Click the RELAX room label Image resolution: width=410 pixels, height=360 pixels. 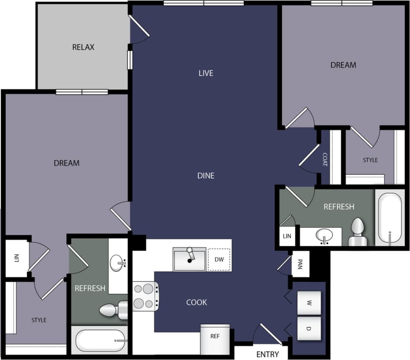(83, 47)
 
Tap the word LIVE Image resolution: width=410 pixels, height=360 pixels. (206, 73)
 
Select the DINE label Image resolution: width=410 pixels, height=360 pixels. (206, 176)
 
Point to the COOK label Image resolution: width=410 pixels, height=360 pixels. (196, 303)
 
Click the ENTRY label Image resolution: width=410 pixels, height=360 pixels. (267, 354)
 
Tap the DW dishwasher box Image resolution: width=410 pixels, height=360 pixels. (219, 260)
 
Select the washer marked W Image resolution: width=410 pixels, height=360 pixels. (309, 303)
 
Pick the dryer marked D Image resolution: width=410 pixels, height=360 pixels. (309, 328)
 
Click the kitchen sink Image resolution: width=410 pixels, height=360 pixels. (189, 259)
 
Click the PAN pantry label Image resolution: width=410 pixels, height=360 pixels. (300, 265)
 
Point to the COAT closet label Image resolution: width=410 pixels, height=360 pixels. (325, 160)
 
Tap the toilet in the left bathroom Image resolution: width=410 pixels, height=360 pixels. (112, 310)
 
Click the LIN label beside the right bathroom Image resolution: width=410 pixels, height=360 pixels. (287, 236)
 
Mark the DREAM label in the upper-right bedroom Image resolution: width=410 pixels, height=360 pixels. (343, 65)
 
